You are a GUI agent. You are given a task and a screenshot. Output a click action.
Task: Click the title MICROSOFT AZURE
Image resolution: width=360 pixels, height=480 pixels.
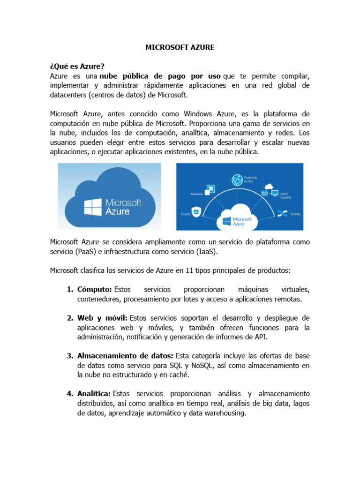click(180, 47)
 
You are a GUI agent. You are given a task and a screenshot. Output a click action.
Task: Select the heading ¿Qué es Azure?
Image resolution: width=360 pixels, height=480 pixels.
click(77, 67)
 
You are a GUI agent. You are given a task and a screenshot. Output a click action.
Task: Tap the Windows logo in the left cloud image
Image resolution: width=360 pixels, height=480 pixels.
click(93, 207)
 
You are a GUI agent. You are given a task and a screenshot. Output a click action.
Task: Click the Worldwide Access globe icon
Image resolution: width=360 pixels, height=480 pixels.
click(237, 180)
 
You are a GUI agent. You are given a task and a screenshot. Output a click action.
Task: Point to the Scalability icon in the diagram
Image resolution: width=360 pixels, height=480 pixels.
click(210, 189)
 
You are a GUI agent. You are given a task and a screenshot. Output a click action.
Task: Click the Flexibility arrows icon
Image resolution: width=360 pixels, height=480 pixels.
click(282, 213)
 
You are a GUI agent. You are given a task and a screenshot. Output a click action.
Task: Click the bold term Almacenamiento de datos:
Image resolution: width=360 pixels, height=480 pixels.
click(125, 356)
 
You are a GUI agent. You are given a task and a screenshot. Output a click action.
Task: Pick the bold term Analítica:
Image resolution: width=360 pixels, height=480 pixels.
click(94, 393)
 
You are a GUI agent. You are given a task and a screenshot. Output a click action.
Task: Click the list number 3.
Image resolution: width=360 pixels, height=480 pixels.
click(70, 356)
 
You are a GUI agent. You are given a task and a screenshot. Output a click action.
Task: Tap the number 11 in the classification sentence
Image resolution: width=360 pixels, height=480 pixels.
click(179, 270)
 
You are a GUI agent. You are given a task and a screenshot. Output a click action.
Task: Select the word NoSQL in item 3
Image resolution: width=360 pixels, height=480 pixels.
click(201, 365)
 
